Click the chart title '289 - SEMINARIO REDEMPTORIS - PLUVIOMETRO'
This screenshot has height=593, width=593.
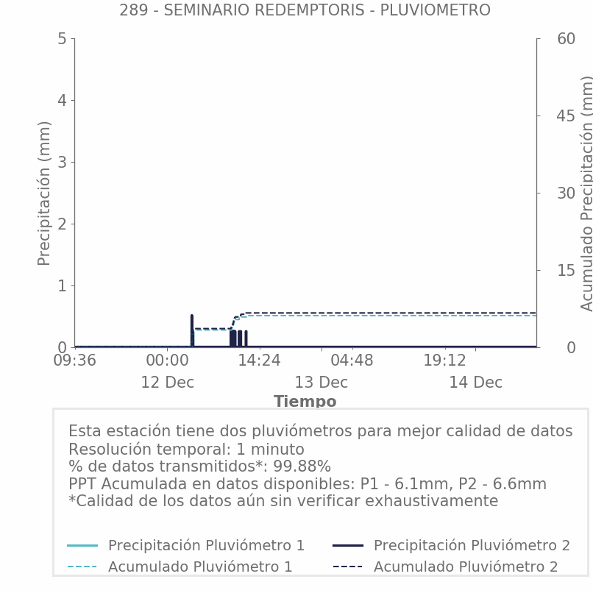pyautogui.click(x=305, y=10)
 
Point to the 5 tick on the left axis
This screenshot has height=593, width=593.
pyautogui.click(x=62, y=38)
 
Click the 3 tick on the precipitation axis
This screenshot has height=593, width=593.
pyautogui.click(x=62, y=162)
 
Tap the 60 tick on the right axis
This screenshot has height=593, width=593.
pyautogui.click(x=545, y=38)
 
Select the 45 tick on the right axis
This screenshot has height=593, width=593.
pyautogui.click(x=545, y=116)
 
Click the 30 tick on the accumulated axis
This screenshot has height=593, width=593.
pyautogui.click(x=545, y=193)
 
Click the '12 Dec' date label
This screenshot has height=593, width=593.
pyautogui.click(x=167, y=383)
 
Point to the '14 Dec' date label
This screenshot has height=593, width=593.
pyautogui.click(x=475, y=383)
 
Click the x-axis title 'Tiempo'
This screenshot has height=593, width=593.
pyautogui.click(x=305, y=402)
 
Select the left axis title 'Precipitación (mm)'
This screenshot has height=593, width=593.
pyautogui.click(x=44, y=193)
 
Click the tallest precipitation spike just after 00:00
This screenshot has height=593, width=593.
pyautogui.click(x=191, y=316)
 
